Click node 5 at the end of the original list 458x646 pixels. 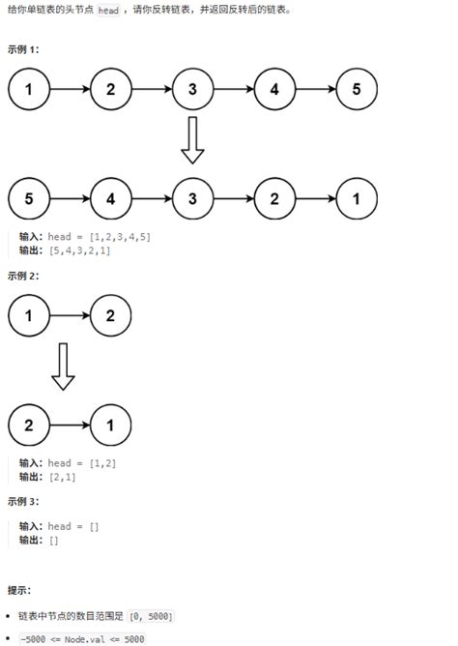[357, 90]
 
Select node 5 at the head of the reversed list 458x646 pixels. [29, 199]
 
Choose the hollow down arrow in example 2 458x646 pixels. [63, 367]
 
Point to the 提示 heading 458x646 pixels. [19, 589]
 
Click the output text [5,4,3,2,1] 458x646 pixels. [84, 250]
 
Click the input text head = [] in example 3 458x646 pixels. [73, 527]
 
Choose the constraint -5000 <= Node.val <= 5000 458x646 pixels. [81, 638]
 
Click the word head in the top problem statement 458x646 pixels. [108, 10]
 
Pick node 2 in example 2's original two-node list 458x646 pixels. [110, 315]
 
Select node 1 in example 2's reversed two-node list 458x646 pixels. [110, 425]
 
